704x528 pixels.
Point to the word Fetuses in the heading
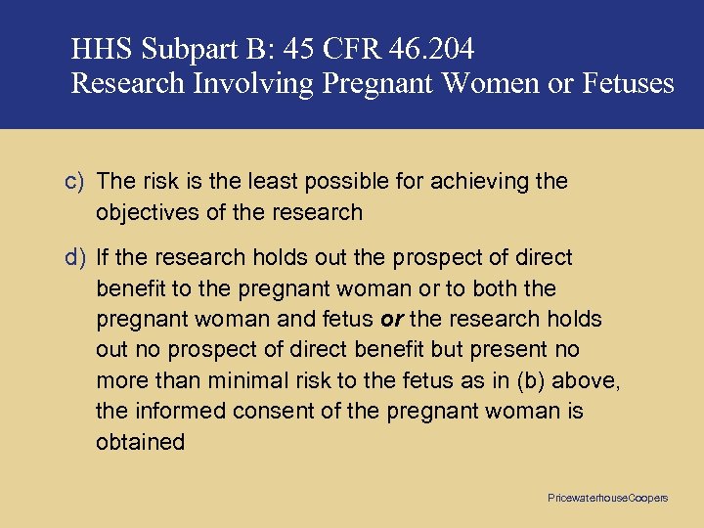click(x=627, y=84)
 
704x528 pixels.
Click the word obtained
click(x=140, y=442)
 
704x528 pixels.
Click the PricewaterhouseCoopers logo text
click(x=607, y=499)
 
